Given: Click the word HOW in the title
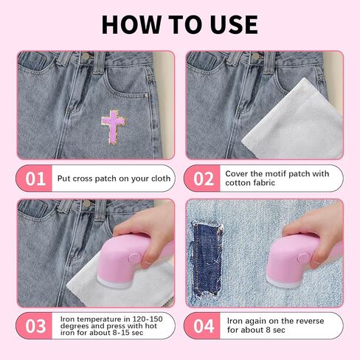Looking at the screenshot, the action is point(131,24).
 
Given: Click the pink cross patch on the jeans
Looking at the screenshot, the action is point(113,126).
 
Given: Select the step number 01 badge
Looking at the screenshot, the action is point(35,179).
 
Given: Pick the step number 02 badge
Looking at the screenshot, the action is point(203,179).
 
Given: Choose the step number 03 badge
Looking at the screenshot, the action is point(35,326).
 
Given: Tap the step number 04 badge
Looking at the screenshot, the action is point(203,326).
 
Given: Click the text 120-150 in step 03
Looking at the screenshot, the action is point(148,319).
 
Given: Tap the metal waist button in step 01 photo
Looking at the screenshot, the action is point(86,56).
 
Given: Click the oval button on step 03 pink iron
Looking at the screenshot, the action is point(134,258).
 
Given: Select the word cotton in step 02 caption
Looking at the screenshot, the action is point(236,183).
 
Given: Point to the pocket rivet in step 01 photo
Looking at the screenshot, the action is point(147,95).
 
